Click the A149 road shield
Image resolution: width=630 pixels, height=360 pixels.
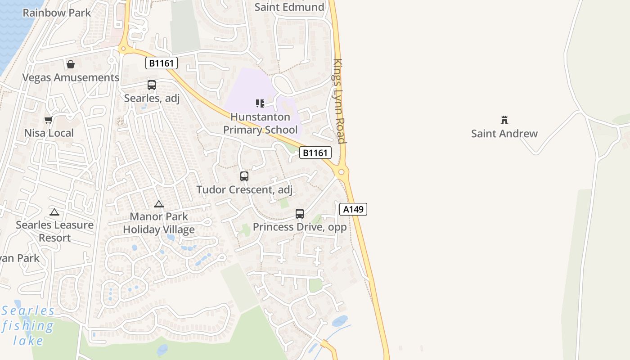[x=353, y=209]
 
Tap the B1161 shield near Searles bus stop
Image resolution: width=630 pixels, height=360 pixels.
[x=162, y=63]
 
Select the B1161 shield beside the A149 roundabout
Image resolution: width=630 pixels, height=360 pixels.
[x=315, y=153]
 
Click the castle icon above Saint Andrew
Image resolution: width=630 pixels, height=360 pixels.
[x=504, y=120]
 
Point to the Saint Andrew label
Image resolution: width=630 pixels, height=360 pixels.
[x=504, y=134]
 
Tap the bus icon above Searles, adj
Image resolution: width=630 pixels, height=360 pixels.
[x=152, y=85]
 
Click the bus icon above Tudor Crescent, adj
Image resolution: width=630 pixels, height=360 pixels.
[x=244, y=176]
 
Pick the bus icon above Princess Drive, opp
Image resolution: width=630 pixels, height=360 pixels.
[x=300, y=214]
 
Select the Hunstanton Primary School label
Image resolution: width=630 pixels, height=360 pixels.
[x=261, y=123]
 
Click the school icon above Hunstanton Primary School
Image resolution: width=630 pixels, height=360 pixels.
[x=260, y=103]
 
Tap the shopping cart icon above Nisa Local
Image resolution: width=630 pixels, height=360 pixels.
[x=49, y=120]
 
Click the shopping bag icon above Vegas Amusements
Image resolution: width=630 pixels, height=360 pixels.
[x=71, y=64]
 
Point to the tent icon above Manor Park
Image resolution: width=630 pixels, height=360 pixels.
[x=159, y=204]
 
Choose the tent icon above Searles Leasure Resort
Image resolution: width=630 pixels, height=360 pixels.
[x=54, y=212]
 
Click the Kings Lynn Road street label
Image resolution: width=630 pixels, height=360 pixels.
[x=339, y=101]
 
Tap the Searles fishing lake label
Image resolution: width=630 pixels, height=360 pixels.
[x=28, y=325]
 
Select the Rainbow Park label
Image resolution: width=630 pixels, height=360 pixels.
[x=57, y=13]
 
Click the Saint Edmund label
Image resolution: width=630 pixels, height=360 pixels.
[x=289, y=7]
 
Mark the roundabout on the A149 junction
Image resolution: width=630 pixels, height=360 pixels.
[x=342, y=172]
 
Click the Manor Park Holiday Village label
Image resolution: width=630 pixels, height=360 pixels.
[x=159, y=223]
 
